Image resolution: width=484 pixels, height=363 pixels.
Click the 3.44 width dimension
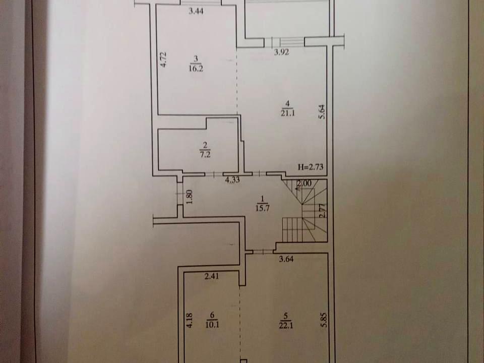click(x=196, y=12)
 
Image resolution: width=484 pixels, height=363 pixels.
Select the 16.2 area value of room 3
click(x=196, y=68)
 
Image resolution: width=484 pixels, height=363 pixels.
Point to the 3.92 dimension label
click(x=281, y=52)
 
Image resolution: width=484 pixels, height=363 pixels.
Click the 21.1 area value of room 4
click(x=288, y=113)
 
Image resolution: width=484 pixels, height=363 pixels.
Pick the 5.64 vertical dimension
click(x=322, y=112)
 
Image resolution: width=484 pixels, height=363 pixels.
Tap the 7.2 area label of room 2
click(x=205, y=154)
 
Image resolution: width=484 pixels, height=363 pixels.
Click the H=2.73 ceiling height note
click(x=311, y=167)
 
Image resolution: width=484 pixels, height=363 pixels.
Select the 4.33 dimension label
click(x=232, y=179)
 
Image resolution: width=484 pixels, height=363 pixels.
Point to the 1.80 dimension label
click(x=190, y=197)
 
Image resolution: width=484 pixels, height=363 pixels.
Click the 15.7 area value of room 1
click(x=263, y=208)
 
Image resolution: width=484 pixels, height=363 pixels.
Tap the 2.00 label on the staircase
click(x=304, y=184)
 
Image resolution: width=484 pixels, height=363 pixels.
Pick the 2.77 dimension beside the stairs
click(x=322, y=211)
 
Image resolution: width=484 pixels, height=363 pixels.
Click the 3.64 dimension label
click(x=286, y=259)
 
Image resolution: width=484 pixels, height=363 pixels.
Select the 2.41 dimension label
click(x=212, y=276)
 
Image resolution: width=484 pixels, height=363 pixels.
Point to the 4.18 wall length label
click(x=189, y=321)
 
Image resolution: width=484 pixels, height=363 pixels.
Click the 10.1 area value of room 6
click(x=212, y=324)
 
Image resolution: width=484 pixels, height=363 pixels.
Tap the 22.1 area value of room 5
click(x=286, y=325)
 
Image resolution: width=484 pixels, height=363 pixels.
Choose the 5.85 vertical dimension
click(x=323, y=321)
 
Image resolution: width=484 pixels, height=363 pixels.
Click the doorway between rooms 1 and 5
click(x=263, y=252)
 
